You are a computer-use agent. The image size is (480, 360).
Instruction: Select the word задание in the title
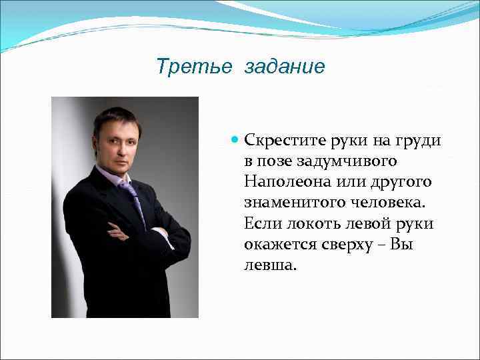[285, 67]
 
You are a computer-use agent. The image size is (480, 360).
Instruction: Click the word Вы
[404, 245]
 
